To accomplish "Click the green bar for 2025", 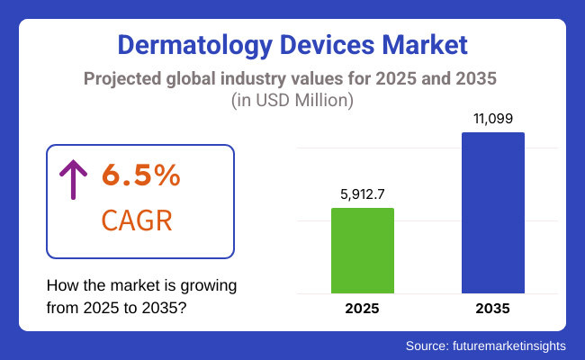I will coord(363,250).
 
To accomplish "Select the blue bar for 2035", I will coord(493,212).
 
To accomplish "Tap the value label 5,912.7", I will coord(363,193).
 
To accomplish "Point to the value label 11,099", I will coord(493,117).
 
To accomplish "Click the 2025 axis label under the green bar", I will coord(363,308).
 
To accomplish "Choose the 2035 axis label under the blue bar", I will coord(493,308).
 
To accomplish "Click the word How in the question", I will coord(61,286).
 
